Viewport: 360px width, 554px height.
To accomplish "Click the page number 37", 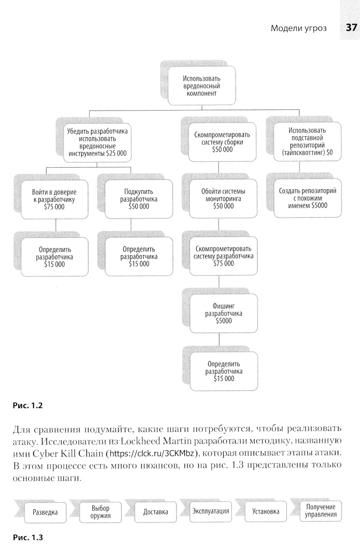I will [x=351, y=28].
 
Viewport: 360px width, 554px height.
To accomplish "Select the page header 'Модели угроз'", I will [x=298, y=28].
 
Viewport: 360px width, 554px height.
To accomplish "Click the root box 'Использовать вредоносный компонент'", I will [x=202, y=86].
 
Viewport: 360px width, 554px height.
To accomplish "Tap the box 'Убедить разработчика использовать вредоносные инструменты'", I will [x=97, y=142].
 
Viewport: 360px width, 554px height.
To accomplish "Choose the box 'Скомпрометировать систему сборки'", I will [x=222, y=142].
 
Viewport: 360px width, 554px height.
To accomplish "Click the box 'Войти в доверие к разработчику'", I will [x=54, y=199].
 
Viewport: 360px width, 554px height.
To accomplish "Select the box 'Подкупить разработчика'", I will [x=139, y=199].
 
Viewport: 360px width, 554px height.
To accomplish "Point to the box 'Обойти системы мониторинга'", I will [x=223, y=199].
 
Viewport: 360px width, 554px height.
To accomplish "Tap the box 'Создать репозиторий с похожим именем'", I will [x=307, y=198].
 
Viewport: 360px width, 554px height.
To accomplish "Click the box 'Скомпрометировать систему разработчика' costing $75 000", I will [x=223, y=256].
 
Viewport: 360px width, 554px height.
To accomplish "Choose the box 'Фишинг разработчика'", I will [x=224, y=313].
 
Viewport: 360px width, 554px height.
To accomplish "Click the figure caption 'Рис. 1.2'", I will [x=28, y=405].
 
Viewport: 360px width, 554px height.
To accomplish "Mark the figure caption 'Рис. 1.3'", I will [x=28, y=537].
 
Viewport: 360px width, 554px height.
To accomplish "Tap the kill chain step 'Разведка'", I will [x=45, y=512].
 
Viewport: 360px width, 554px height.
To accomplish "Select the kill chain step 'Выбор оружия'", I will [x=100, y=512].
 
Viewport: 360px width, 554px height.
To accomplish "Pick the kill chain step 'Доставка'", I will [x=156, y=512].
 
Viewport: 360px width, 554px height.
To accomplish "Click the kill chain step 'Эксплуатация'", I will [x=211, y=511].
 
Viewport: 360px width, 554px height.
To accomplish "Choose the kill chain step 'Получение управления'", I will [x=320, y=510].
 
